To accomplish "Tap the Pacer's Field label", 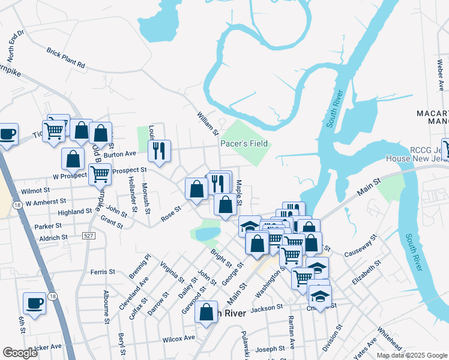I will tap(244, 143).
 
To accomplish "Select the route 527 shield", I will tap(88, 236).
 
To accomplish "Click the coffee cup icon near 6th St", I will tap(35, 304).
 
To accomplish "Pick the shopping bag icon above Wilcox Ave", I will tap(206, 312).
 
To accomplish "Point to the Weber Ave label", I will tap(440, 72).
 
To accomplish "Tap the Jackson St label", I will tap(267, 308).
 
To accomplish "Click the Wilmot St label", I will tap(34, 190).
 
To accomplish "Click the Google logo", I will tap(20, 353).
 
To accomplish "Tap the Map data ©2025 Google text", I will tap(411, 355).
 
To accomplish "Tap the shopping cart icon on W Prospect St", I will tap(100, 173).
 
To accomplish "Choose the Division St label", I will tap(332, 338).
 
